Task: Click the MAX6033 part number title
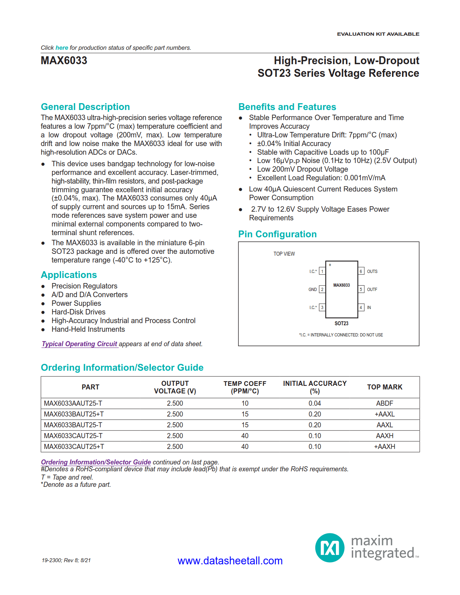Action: (64, 61)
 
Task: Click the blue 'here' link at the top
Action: (62, 48)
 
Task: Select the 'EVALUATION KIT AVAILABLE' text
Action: (378, 34)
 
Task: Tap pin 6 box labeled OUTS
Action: (360, 271)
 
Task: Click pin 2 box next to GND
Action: (322, 289)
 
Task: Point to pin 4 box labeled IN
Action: (360, 307)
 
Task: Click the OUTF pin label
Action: (372, 289)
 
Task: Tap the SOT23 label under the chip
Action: (341, 323)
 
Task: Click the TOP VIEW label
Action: (284, 254)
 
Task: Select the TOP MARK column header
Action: (384, 387)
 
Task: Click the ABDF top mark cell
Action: (384, 403)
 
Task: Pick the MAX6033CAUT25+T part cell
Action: (74, 446)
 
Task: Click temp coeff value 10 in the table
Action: (245, 403)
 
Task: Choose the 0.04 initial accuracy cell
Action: (315, 403)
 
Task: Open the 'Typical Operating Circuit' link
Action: (79, 344)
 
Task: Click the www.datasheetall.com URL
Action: (230, 561)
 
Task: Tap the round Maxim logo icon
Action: (329, 548)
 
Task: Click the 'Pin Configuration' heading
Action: (277, 234)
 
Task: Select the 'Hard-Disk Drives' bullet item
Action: (78, 312)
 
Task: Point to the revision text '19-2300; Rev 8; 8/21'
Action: (66, 560)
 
